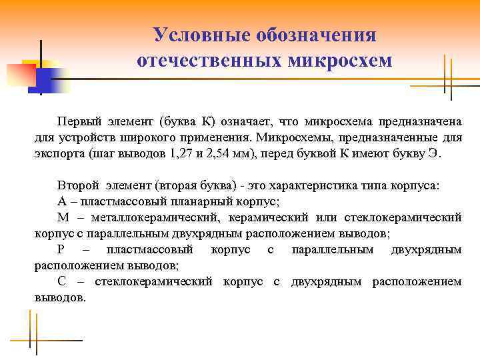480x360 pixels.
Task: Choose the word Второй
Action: [x=79, y=185]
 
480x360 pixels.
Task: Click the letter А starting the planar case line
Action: [x=62, y=201]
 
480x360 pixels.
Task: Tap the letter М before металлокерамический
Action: [x=63, y=217]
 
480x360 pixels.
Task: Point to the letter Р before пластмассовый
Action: [x=61, y=249]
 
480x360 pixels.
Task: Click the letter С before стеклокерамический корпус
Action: [x=61, y=281]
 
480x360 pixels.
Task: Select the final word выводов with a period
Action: [x=60, y=297]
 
